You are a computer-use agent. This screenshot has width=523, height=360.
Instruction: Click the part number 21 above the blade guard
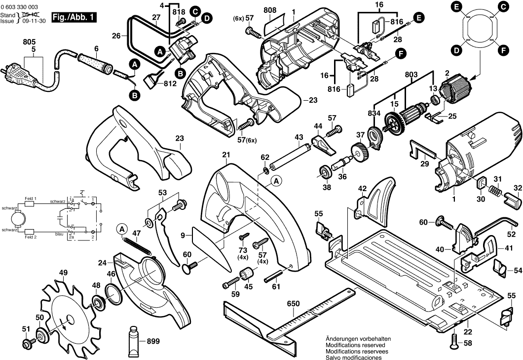point(226,155)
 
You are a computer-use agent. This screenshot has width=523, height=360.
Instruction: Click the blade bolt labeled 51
point(27,342)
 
